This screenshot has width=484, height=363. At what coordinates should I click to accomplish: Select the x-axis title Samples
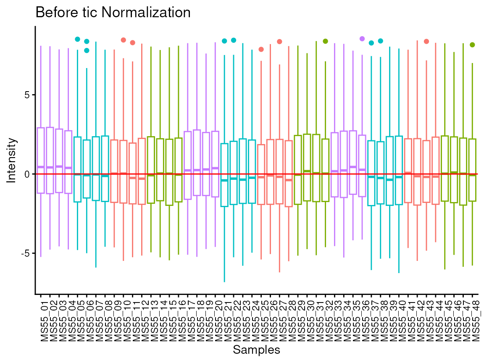click(x=256, y=350)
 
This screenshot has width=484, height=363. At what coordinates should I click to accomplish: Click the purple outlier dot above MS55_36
click(x=362, y=39)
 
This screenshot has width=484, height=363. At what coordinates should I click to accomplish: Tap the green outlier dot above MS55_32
click(x=325, y=41)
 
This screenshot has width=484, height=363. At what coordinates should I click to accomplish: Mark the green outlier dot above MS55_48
click(x=472, y=45)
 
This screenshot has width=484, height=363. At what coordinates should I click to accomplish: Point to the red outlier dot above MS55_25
click(x=261, y=49)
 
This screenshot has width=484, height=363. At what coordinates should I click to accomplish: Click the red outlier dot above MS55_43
click(x=426, y=41)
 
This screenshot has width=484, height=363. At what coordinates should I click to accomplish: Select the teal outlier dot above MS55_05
click(x=77, y=39)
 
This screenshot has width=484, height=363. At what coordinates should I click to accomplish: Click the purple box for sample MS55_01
click(x=41, y=143)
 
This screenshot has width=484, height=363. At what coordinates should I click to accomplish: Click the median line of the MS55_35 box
click(x=353, y=167)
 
